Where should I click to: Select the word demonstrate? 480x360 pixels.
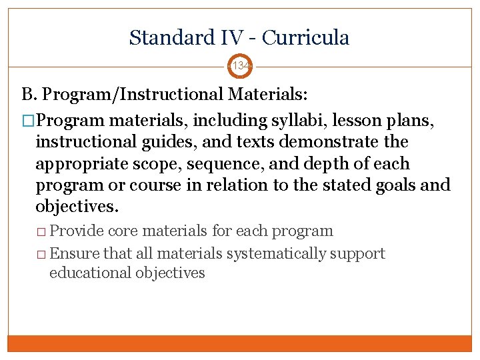point(329,143)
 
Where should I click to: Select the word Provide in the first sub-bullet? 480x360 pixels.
point(77,231)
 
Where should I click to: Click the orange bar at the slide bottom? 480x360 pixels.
point(240,343)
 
